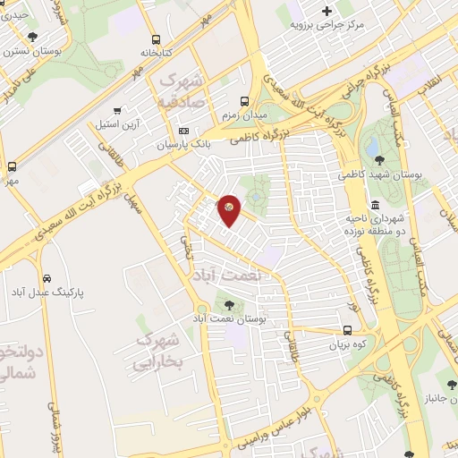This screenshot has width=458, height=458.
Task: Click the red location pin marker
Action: tap(229, 211)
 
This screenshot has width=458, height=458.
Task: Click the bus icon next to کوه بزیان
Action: tap(348, 330)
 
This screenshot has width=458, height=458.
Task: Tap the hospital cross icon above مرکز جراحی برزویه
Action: tap(326, 11)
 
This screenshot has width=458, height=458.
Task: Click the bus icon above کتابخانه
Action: tap(156, 39)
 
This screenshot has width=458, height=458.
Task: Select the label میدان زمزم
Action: tap(245, 115)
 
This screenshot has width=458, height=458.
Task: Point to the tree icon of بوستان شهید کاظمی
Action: tap(379, 160)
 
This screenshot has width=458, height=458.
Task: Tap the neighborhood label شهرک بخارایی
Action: tap(157, 352)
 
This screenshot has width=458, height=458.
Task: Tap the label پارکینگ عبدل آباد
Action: tap(42, 293)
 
